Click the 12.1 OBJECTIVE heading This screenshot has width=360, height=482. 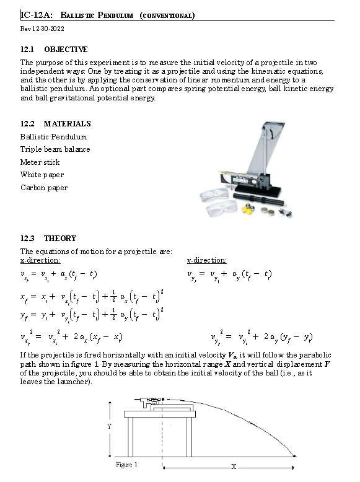point(54,49)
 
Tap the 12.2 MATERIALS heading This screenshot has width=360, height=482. point(55,124)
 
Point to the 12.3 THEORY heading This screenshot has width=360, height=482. point(48,239)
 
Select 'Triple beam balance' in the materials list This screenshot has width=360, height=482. point(55,149)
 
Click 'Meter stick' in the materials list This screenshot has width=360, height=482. point(40,162)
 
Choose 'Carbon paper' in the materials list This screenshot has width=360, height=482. point(43,188)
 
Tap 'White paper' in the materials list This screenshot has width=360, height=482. point(42,175)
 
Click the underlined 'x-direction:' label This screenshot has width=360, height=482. point(40,260)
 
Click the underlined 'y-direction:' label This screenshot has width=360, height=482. point(207,260)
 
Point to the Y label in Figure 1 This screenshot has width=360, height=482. point(110,426)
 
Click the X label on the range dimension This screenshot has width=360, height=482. point(234,467)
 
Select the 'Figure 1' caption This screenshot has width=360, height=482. point(126,465)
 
